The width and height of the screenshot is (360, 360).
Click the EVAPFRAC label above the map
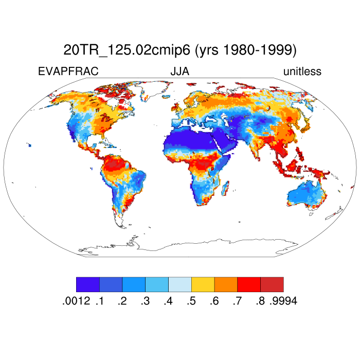click(68, 71)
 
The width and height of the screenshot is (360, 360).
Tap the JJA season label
click(180, 71)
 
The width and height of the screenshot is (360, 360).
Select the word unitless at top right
click(302, 71)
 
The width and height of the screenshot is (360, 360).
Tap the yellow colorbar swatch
click(203, 284)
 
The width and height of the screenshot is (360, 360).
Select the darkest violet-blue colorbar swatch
click(88, 284)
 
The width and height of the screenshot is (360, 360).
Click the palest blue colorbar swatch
click(180, 284)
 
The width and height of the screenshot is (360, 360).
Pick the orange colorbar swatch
click(226, 284)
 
